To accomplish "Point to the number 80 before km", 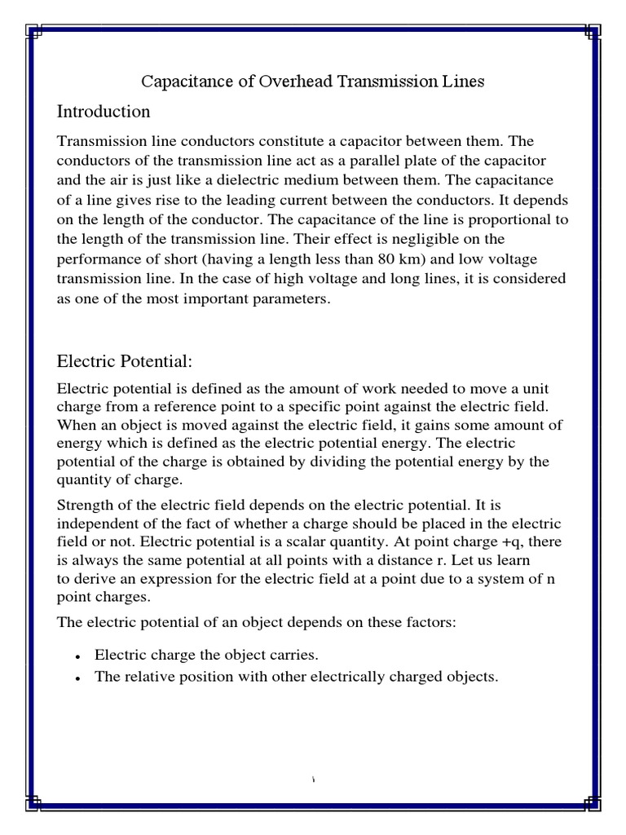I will tap(461, 260).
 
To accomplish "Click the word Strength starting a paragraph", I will tap(82, 506).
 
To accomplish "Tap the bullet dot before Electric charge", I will tap(75, 657).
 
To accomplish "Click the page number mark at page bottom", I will tap(313, 781).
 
